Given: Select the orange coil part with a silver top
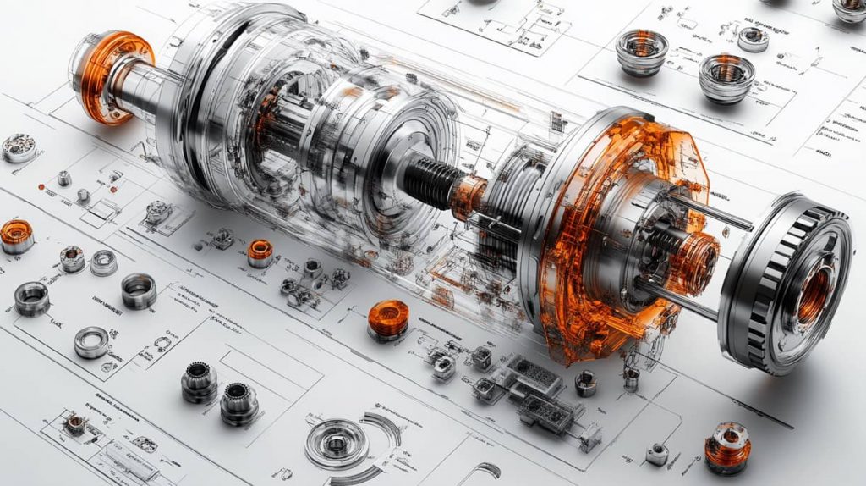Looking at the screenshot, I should (x=726, y=446).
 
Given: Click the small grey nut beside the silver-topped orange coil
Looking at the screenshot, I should (x=657, y=454).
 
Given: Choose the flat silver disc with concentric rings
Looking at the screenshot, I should (x=336, y=443).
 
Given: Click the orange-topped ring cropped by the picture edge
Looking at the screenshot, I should (x=15, y=235).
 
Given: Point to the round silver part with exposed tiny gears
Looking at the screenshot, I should (x=19, y=149).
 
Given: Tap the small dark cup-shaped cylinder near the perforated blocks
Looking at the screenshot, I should (x=585, y=383).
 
